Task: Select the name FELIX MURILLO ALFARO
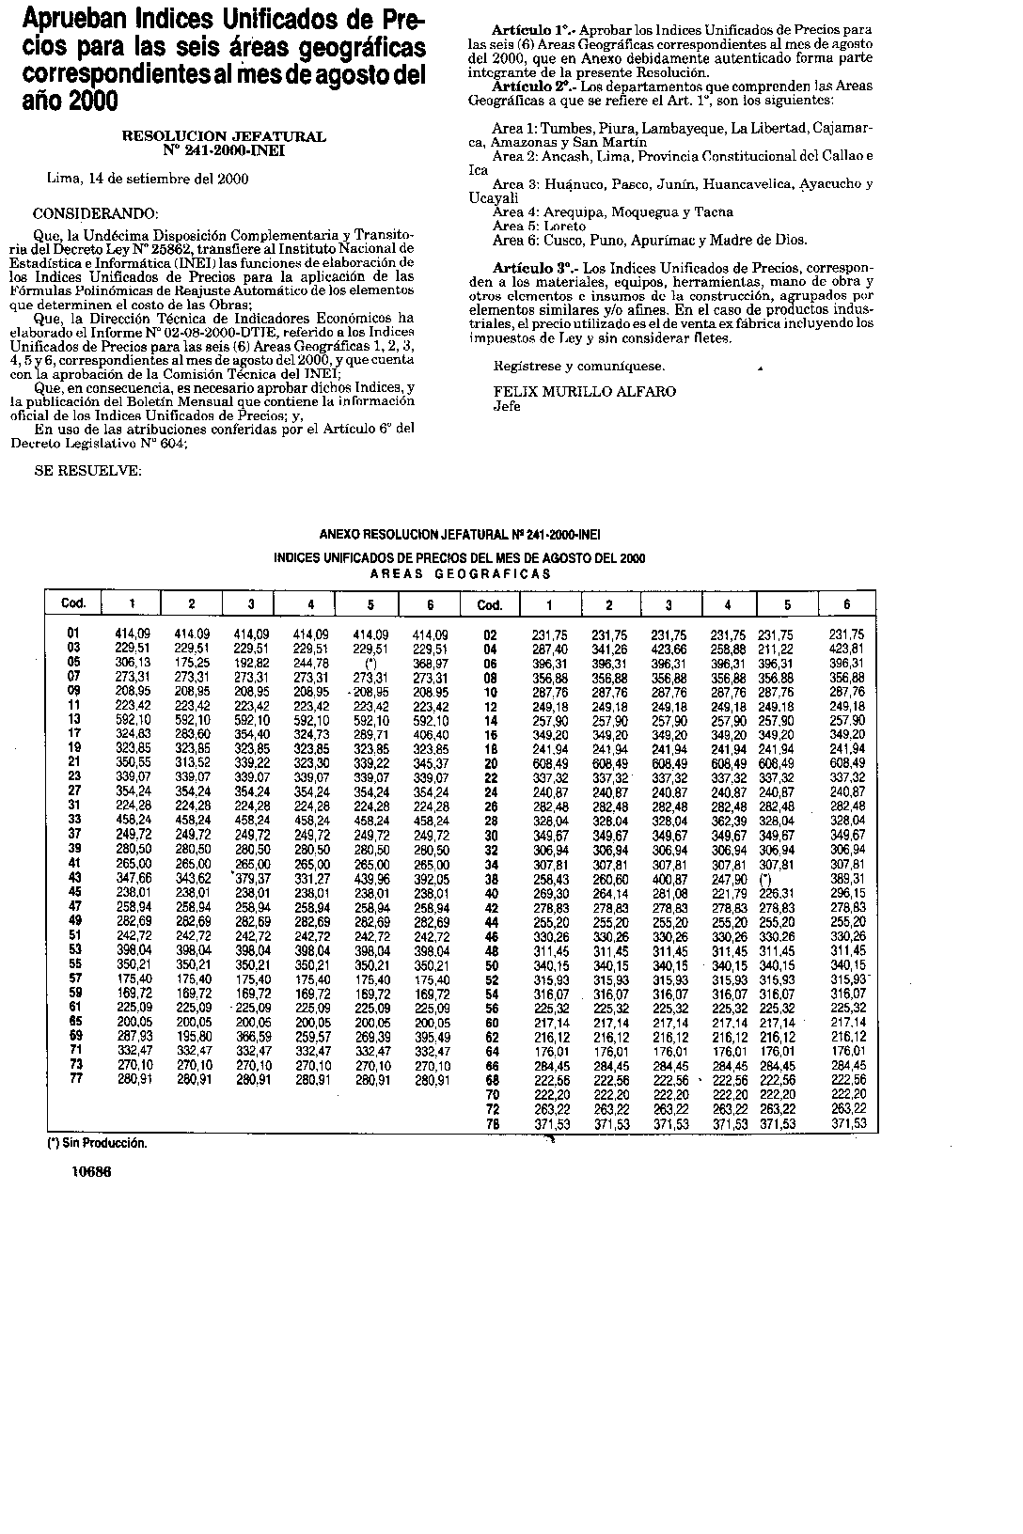point(584,391)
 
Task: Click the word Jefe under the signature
point(507,406)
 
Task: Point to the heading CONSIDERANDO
point(96,213)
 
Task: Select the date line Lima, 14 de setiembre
point(148,179)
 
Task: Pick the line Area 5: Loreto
point(539,226)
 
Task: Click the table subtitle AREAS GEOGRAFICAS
point(460,573)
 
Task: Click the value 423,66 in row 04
point(669,649)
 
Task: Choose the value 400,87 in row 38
point(669,878)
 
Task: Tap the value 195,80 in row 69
point(192,1036)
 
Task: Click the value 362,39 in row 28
point(728,821)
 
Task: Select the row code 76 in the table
point(490,1123)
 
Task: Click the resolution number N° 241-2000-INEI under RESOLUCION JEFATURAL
point(224,149)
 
